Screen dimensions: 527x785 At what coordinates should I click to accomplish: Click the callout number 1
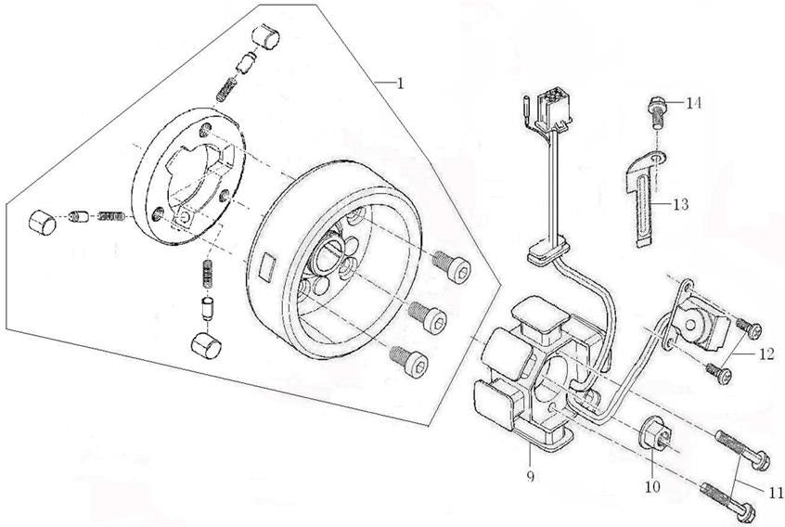[400, 83]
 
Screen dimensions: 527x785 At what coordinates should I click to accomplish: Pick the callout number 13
[683, 203]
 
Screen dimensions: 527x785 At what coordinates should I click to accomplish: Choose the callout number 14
[694, 103]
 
